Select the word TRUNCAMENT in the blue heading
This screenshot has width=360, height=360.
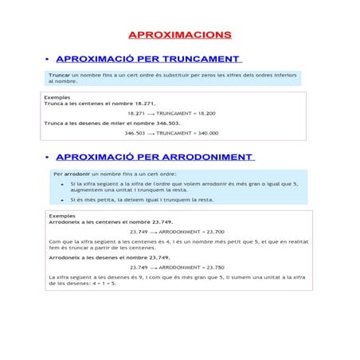pyautogui.click(x=201, y=59)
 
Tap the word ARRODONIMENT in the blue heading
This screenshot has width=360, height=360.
pyautogui.click(x=207, y=157)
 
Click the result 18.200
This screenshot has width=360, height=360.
pyautogui.click(x=205, y=113)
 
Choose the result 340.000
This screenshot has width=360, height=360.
pyautogui.click(x=207, y=133)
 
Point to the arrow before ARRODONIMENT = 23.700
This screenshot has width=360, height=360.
pyautogui.click(x=154, y=232)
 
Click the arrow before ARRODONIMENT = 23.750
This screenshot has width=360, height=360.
pyautogui.click(x=154, y=268)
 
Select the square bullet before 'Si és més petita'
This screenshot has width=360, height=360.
pyautogui.click(x=62, y=200)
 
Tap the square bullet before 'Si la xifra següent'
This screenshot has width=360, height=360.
pyautogui.click(x=62, y=183)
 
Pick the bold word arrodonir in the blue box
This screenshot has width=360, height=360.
pyautogui.click(x=76, y=173)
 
